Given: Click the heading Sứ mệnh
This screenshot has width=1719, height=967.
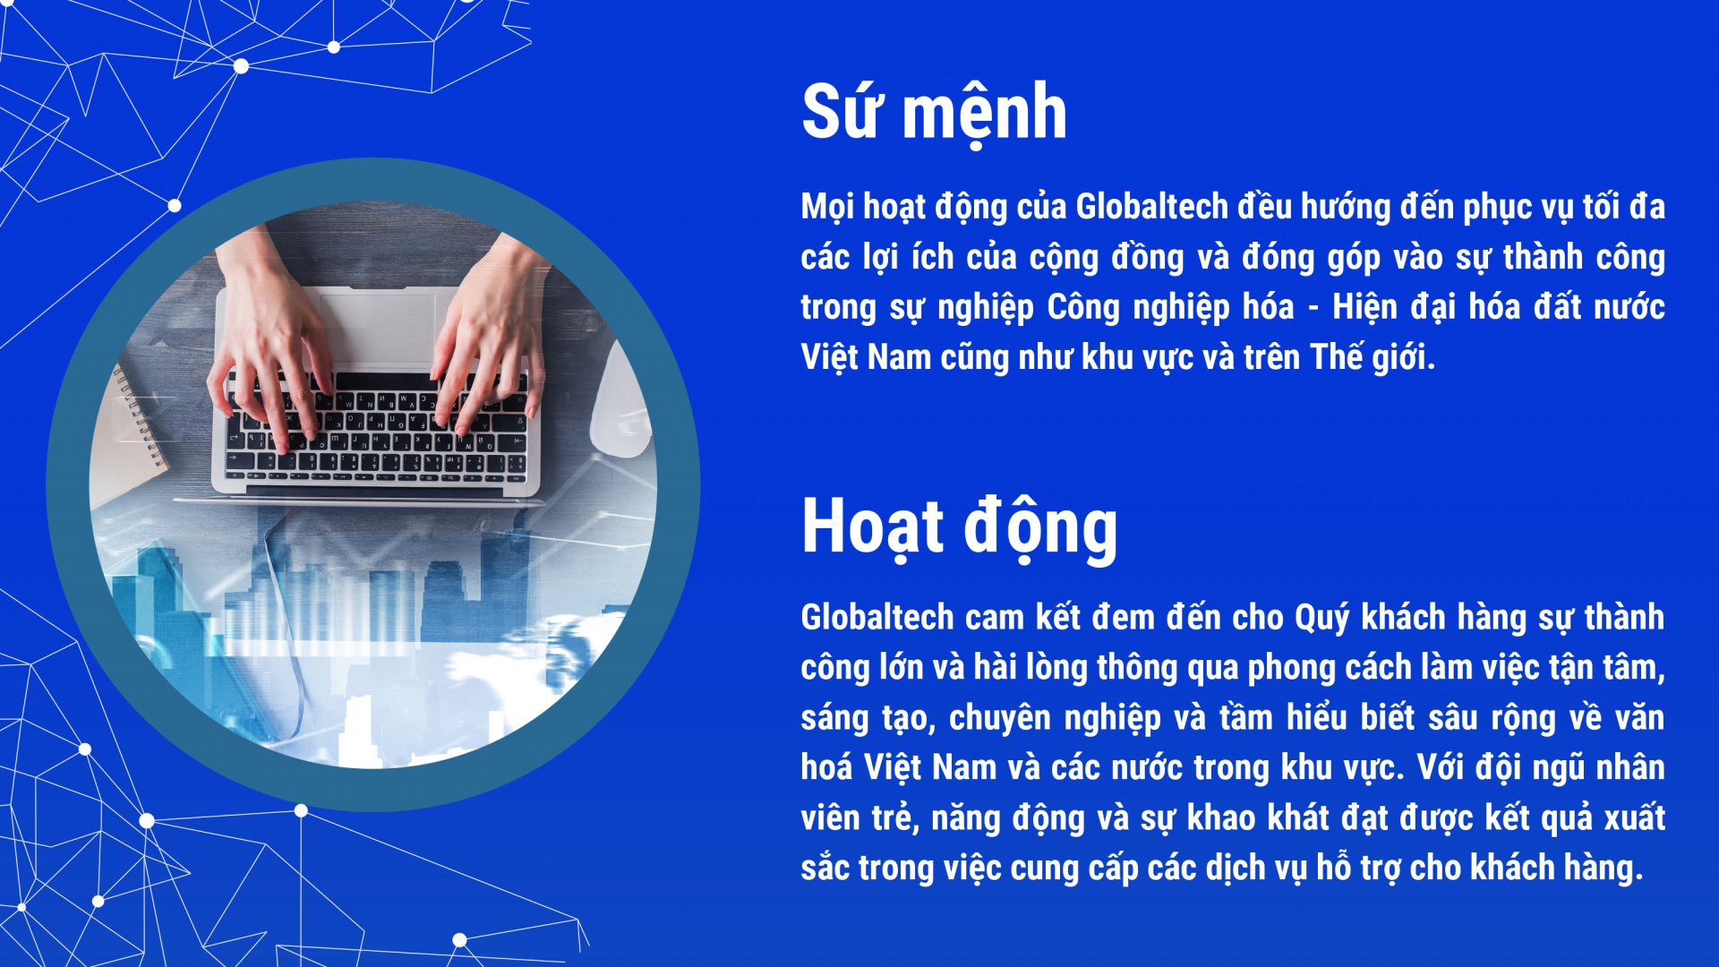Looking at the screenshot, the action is coord(934,112).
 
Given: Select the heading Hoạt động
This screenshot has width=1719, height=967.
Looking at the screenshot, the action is coord(959,527).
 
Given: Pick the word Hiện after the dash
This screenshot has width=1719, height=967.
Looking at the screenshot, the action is coord(1365,307).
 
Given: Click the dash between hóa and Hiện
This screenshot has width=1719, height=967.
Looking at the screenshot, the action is coord(1313,309).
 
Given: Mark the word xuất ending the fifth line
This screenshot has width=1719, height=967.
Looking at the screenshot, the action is coord(1634,817).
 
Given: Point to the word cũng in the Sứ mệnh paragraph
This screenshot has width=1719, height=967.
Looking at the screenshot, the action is coord(975,358).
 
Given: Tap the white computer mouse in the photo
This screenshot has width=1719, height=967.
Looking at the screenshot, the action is coord(620,400).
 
